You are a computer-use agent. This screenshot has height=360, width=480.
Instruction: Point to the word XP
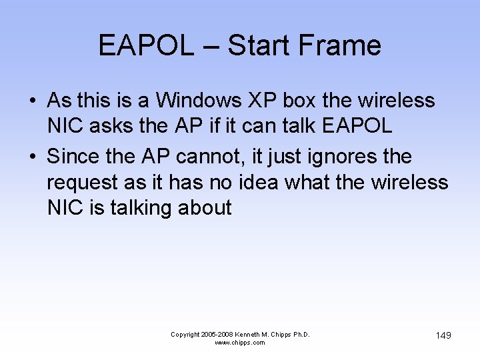coord(265,101)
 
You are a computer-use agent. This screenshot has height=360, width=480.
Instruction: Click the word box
coord(300,101)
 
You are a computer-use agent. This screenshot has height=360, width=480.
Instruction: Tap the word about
coord(205,208)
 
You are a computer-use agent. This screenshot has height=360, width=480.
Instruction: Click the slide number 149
coord(443,335)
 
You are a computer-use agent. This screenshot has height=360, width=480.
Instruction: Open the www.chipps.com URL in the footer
coord(240,343)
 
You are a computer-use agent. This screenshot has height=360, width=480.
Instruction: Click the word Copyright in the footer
coord(186,334)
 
